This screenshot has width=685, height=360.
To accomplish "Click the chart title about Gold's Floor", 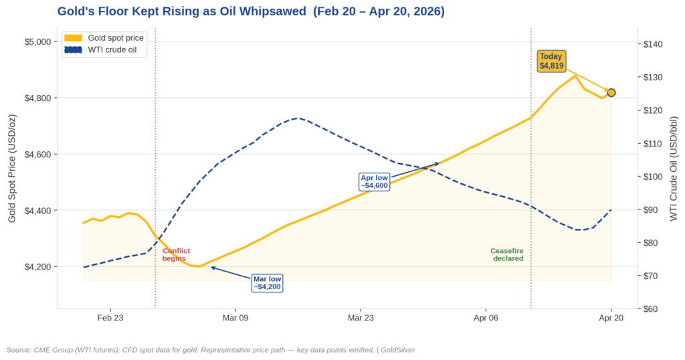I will click(x=251, y=11).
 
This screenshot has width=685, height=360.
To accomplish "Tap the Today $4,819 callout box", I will click(x=552, y=61).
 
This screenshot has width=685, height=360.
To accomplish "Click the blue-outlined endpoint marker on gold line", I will click(x=611, y=92).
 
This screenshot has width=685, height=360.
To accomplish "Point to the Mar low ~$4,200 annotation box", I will click(x=267, y=283).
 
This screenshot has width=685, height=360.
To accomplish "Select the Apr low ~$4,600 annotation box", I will click(x=374, y=181).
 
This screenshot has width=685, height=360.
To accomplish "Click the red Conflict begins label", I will click(x=176, y=254).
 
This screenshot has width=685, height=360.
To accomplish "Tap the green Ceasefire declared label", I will click(x=508, y=254).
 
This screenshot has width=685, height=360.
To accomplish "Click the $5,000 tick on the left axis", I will click(x=37, y=42).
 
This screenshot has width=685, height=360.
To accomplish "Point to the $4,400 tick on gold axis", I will click(x=37, y=211).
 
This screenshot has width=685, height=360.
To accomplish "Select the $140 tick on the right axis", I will click(x=652, y=45).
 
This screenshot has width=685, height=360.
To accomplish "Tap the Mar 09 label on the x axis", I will click(x=235, y=318).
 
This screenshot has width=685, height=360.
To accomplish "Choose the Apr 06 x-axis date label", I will click(x=486, y=318).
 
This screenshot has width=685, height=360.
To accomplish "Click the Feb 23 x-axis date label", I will click(x=110, y=318).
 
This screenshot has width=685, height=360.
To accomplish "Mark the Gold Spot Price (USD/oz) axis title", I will click(x=11, y=169).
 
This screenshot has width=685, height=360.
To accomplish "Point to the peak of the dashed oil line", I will click(x=298, y=118).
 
